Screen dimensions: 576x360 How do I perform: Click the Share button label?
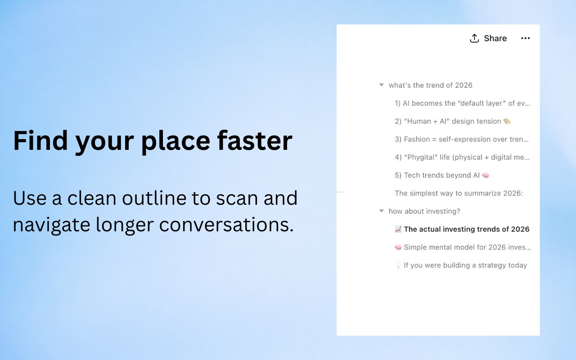click(x=495, y=38)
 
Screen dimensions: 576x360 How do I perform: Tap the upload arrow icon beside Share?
click(x=474, y=38)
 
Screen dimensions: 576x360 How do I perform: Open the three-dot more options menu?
click(x=525, y=38)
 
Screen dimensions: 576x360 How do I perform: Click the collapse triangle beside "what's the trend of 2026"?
click(x=381, y=85)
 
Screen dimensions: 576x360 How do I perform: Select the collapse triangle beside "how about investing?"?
click(x=381, y=211)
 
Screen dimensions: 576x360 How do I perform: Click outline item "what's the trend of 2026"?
click(x=431, y=85)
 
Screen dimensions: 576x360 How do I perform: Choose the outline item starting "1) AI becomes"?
click(x=462, y=103)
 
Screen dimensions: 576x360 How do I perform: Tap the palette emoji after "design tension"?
click(x=507, y=121)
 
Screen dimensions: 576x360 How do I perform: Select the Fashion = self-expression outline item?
click(x=462, y=139)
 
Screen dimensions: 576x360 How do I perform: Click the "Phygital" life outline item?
click(x=462, y=157)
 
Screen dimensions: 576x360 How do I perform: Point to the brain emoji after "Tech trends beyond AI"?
click(x=486, y=175)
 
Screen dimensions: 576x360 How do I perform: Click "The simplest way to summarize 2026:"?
click(x=459, y=193)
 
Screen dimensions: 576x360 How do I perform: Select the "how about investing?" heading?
click(x=424, y=211)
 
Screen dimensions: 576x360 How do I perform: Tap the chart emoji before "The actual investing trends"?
click(x=398, y=229)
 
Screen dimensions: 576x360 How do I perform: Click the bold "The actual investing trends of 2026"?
click(x=467, y=229)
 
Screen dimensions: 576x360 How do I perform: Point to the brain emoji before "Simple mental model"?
click(x=398, y=247)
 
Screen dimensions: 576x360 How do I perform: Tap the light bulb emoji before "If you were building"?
click(x=398, y=265)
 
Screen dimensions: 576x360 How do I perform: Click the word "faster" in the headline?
click(x=255, y=141)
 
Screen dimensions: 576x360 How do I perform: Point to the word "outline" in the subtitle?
click(x=154, y=198)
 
